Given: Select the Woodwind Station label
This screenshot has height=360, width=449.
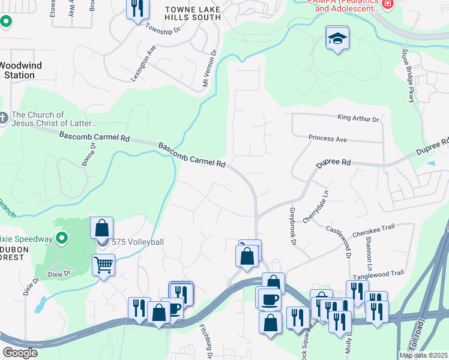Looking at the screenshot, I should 16,70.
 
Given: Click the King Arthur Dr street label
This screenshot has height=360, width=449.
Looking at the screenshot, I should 359,119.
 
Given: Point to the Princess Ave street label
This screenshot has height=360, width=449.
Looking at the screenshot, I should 328,139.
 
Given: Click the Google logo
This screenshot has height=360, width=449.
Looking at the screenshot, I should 20,353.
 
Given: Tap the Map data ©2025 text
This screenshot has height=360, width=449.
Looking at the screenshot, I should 423,355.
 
